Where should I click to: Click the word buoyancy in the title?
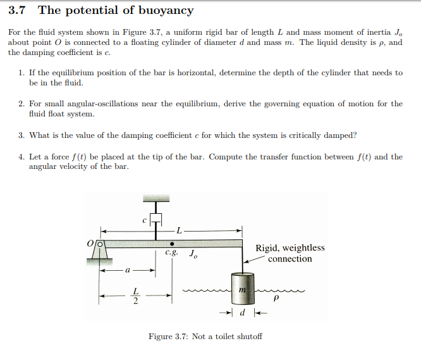pos(166,11)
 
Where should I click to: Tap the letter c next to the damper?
pos(144,220)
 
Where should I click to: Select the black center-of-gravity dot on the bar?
pos(171,242)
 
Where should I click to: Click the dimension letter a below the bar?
pos(127,269)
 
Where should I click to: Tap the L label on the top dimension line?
pos(180,230)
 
